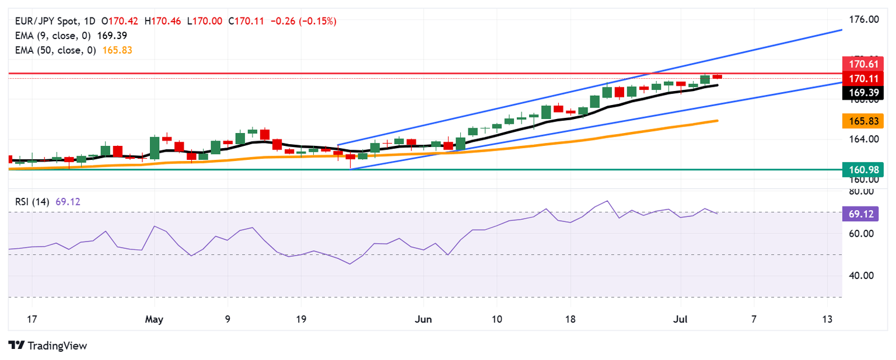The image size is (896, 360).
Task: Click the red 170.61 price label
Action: [863, 63]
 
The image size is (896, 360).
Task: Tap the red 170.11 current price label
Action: [863, 78]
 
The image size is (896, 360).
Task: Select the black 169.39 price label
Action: [863, 92]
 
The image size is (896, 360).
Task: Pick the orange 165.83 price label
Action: [863, 121]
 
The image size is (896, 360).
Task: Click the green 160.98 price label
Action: [863, 169]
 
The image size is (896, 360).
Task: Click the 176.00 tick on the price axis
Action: [865, 19]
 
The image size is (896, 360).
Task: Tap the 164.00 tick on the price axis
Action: [865, 139]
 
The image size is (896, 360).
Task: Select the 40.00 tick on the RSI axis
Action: [862, 275]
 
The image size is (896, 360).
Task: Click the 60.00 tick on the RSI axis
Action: [862, 233]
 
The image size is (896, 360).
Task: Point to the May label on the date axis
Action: [154, 319]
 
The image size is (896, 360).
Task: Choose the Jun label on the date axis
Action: [423, 319]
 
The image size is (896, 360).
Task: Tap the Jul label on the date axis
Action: [680, 319]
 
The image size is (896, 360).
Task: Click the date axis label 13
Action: [827, 319]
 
